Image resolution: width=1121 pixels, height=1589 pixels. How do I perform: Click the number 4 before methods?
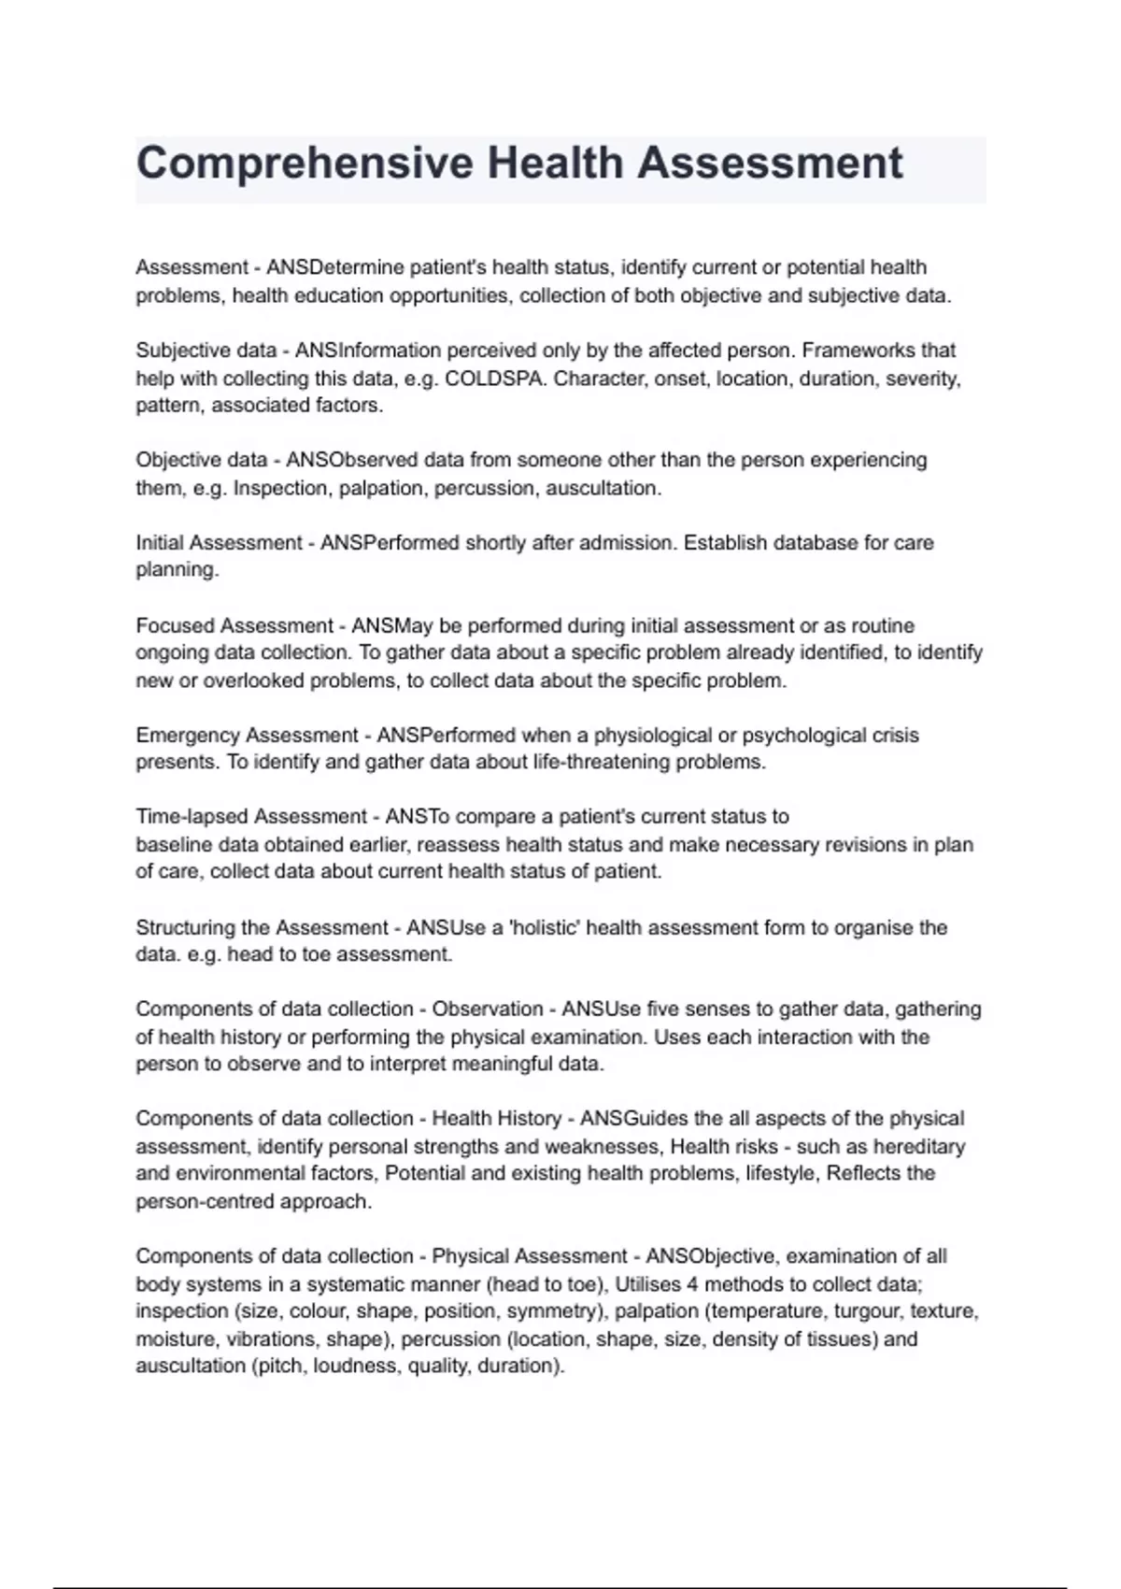tap(690, 1284)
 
